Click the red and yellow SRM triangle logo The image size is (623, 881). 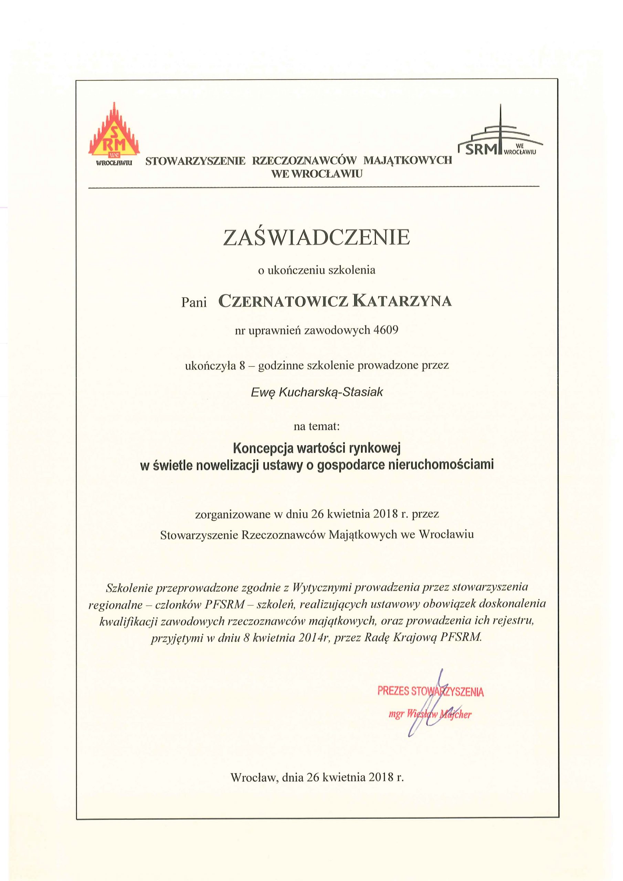pos(114,135)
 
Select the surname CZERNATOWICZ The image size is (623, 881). pos(283,301)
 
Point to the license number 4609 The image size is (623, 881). pos(386,330)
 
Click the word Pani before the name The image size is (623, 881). pos(194,303)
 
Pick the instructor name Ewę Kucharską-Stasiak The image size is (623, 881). pos(317,392)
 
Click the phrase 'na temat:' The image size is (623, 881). pos(317,426)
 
